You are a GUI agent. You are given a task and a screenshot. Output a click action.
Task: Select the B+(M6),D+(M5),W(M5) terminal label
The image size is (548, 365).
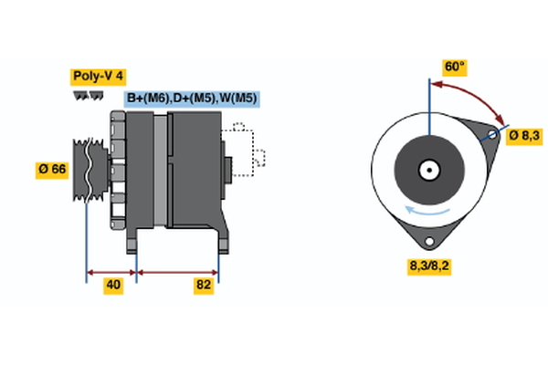191,99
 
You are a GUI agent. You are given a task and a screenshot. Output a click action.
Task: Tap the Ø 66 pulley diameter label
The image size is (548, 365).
52,170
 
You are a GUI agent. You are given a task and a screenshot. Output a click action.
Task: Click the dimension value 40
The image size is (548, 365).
113,286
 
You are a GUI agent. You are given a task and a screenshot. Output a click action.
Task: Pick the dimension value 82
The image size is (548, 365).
204,286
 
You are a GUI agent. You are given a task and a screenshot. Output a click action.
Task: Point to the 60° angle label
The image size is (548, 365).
454,67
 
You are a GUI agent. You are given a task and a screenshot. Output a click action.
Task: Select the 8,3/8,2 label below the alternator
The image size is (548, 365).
427,266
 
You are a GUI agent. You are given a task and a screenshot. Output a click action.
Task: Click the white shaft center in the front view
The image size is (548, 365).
427,170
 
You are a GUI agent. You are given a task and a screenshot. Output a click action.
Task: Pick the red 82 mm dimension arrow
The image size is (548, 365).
177,271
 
